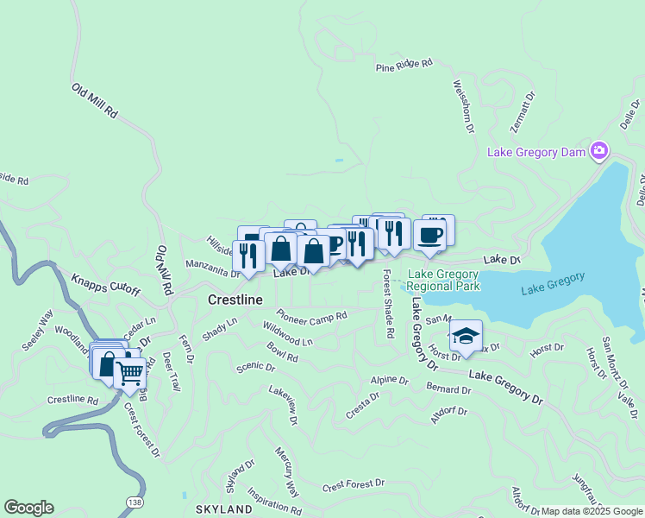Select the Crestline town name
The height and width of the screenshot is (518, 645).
pyautogui.click(x=235, y=300)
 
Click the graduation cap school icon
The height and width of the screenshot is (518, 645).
pyautogui.click(x=466, y=337)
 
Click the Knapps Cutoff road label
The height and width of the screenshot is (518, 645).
pyautogui.click(x=105, y=284)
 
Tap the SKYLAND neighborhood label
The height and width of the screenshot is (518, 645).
pyautogui.click(x=223, y=509)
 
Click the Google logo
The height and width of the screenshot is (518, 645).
pyautogui.click(x=28, y=508)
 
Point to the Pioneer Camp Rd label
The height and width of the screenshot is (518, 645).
pyautogui.click(x=311, y=315)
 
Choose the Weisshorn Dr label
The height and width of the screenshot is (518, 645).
pyautogui.click(x=463, y=107)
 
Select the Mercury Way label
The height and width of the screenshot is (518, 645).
pyautogui.click(x=287, y=471)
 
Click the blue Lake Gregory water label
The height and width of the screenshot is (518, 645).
pyautogui.click(x=553, y=283)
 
